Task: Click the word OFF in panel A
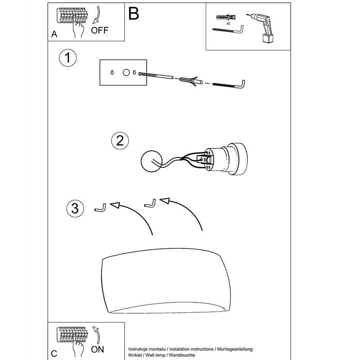point(100,31)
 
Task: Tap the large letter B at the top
point(134,13)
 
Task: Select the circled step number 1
point(67,58)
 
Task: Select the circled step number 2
point(120,140)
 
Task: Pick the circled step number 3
point(75,208)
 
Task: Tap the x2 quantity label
point(228,23)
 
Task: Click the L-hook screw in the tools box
point(228,29)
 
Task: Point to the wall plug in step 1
point(187,81)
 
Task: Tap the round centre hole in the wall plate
point(126,72)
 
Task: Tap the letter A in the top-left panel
point(54,34)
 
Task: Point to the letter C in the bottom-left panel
point(54,353)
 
